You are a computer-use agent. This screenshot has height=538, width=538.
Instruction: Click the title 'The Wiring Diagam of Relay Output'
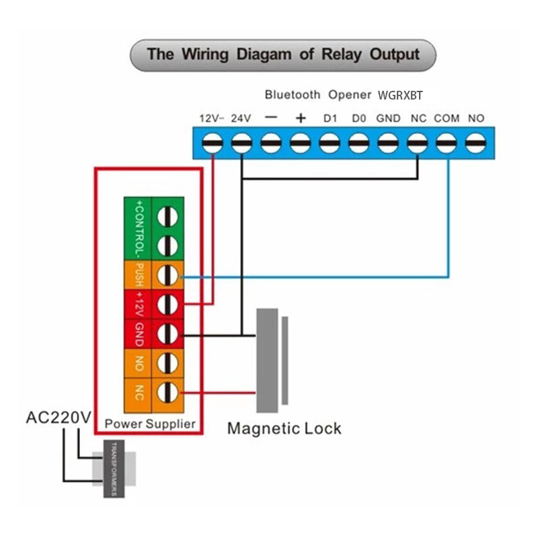click(x=283, y=54)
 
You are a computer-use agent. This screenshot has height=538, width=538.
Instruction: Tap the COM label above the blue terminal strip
click(x=447, y=118)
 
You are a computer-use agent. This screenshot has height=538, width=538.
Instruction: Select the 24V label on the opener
click(x=241, y=118)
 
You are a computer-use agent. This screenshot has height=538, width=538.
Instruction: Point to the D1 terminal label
click(x=330, y=118)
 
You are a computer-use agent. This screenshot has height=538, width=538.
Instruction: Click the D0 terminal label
click(x=359, y=118)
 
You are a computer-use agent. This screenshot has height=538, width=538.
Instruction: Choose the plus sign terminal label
click(x=301, y=118)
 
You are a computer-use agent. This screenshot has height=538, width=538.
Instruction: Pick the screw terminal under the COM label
click(x=447, y=143)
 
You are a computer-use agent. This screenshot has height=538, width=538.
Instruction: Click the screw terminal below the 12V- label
click(x=213, y=143)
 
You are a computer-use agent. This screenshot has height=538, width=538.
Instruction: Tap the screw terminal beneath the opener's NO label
click(x=476, y=143)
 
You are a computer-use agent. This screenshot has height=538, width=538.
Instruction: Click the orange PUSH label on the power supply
click(x=139, y=275)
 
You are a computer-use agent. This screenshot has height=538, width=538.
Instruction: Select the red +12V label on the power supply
click(x=139, y=305)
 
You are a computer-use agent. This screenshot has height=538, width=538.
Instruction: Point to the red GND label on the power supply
click(x=139, y=334)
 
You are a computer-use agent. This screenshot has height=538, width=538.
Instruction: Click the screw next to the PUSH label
click(x=167, y=275)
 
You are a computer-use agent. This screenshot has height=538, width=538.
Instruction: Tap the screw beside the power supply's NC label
click(x=167, y=392)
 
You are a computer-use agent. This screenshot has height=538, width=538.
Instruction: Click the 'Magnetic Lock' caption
click(x=284, y=428)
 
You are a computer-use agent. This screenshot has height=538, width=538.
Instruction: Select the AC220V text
click(x=58, y=418)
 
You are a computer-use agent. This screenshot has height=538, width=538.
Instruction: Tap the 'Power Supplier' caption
click(x=150, y=424)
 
